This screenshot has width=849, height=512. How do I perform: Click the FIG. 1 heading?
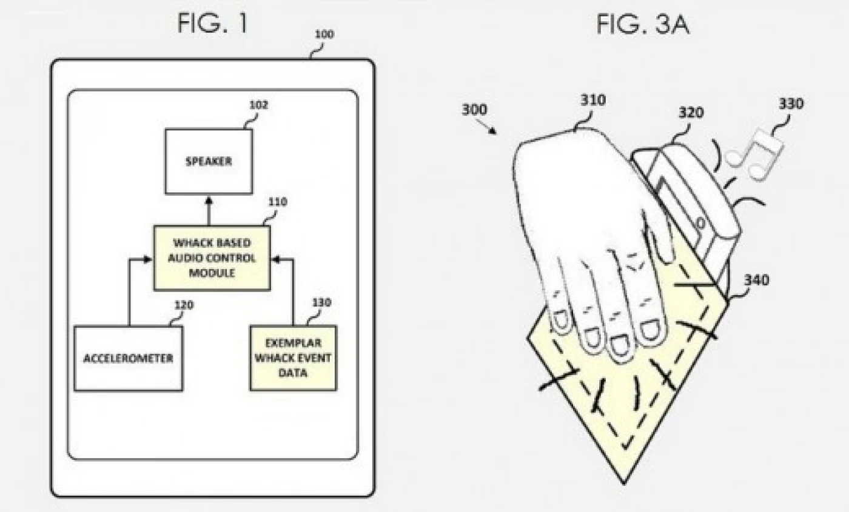pyautogui.click(x=212, y=24)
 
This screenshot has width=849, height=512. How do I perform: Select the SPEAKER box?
pyautogui.click(x=208, y=161)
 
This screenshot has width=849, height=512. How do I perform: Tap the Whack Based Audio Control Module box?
pyautogui.click(x=212, y=258)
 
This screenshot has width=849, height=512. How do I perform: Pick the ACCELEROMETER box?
pyautogui.click(x=128, y=358)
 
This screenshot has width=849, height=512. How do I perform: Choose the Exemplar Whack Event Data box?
pyautogui.click(x=293, y=358)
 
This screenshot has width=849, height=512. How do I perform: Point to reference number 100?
pyautogui.click(x=324, y=35)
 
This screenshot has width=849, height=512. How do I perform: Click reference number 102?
pyautogui.click(x=258, y=105)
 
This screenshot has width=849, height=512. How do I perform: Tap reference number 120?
pyautogui.click(x=184, y=305)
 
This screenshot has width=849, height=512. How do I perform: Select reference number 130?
pyautogui.click(x=321, y=302)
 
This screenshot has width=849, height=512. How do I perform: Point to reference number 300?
pyautogui.click(x=474, y=110)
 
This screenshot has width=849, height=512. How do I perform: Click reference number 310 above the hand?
pyautogui.click(x=592, y=100)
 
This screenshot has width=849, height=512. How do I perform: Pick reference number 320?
pyautogui.click(x=691, y=113)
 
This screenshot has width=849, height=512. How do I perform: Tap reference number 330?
pyautogui.click(x=791, y=104)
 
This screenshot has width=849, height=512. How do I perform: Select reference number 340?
pyautogui.click(x=756, y=280)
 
